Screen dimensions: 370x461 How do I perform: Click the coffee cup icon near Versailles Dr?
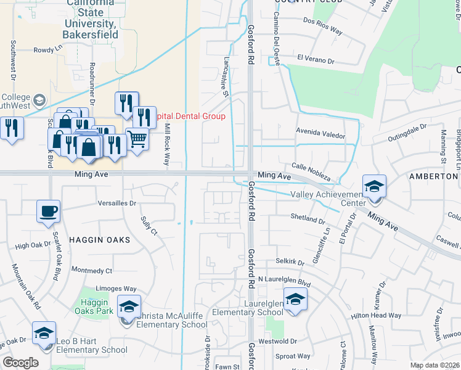[x=49, y=212]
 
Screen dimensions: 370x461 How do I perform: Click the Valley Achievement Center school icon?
[x=373, y=186]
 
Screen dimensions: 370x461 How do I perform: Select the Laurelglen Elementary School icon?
[x=296, y=300]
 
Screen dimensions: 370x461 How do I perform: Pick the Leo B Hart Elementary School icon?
[x=44, y=333]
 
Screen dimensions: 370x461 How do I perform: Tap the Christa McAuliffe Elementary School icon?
[x=129, y=306]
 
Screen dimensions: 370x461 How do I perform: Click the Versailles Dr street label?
[x=116, y=203]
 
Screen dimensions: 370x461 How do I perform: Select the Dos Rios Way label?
[x=322, y=29]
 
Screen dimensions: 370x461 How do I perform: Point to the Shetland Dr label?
[x=308, y=220]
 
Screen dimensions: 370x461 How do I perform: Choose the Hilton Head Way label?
[x=377, y=315]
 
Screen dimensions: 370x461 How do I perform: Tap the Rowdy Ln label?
[x=48, y=49]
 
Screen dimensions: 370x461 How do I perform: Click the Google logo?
[x=20, y=363]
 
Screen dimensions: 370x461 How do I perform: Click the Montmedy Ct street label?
[x=91, y=270]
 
